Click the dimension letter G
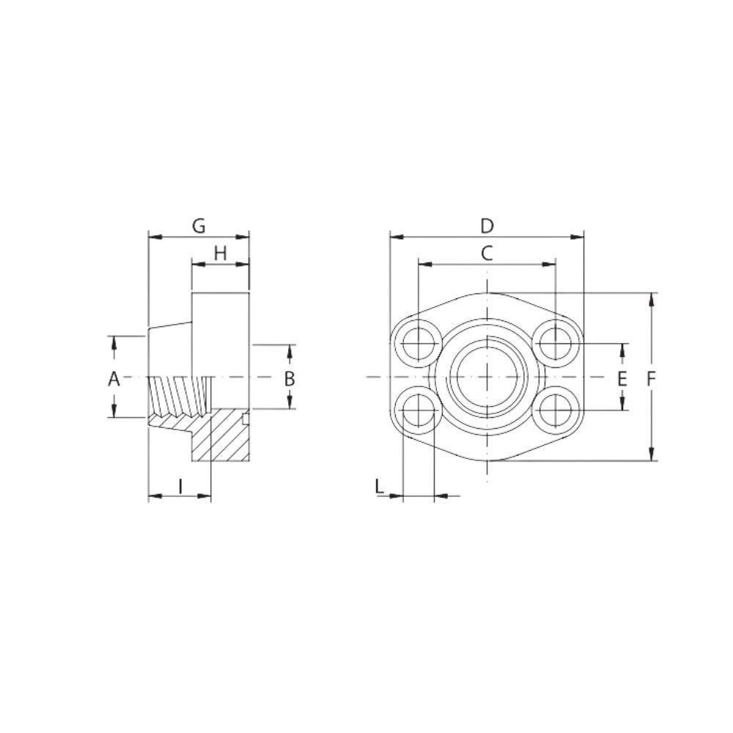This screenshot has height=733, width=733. click(x=199, y=226)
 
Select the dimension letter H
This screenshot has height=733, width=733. click(x=220, y=253)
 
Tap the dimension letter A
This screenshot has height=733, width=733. click(x=114, y=379)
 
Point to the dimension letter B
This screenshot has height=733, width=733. click(x=290, y=379)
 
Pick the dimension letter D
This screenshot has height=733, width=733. click(x=487, y=226)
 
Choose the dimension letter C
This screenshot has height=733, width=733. click(x=486, y=253)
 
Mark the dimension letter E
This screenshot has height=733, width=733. click(x=622, y=379)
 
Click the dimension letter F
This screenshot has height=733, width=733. click(x=652, y=379)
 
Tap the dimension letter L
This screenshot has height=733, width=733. click(x=379, y=485)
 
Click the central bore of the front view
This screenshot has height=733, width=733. click(x=487, y=377)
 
